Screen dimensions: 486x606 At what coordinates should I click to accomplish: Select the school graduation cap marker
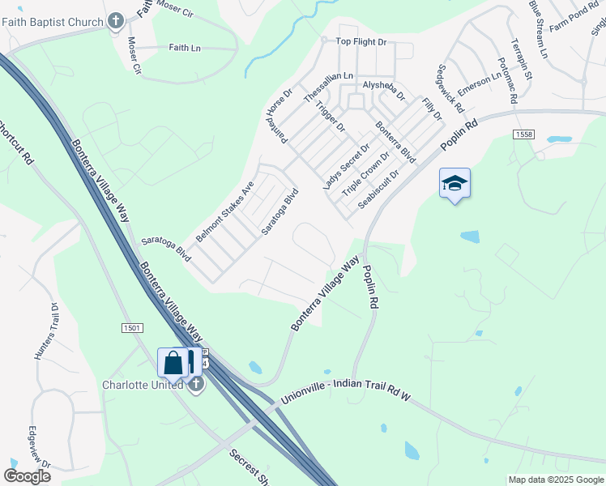(454, 184)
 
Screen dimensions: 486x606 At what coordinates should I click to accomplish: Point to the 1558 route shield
(523, 134)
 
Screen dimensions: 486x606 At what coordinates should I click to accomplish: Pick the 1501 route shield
(133, 327)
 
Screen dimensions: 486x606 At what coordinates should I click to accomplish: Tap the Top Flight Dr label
(361, 41)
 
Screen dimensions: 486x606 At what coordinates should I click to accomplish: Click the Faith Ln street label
(185, 48)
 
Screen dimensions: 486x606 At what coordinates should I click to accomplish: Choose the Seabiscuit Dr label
(379, 188)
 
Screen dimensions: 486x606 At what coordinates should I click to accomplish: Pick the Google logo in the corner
(27, 476)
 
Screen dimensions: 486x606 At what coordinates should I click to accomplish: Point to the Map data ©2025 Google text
(555, 480)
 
